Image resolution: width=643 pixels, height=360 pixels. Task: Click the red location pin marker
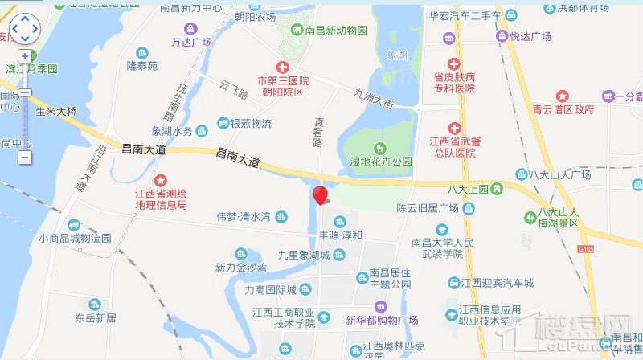point(320,195)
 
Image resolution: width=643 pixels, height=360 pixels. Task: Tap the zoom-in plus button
point(25,56)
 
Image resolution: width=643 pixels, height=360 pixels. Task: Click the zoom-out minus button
point(25,157)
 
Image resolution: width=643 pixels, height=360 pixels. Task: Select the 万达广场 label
point(191,42)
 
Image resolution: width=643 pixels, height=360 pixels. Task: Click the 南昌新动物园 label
point(336,31)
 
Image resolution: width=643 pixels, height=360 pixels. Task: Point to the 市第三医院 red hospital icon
point(282,68)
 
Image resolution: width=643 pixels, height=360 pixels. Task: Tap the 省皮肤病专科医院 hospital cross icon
point(453,63)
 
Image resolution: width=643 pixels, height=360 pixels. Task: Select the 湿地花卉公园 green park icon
point(379,148)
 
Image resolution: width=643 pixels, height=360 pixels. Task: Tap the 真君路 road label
point(317,131)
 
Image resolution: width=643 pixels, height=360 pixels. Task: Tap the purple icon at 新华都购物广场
point(380,306)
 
